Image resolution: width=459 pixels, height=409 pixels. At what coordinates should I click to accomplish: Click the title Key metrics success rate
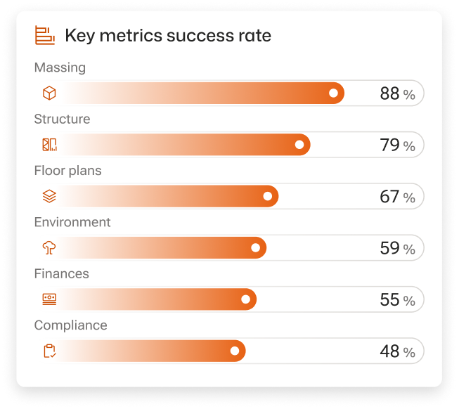pos(167,36)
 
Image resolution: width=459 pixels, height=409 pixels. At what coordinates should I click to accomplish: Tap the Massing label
pos(60,68)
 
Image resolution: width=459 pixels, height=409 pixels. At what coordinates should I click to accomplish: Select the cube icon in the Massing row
pos(49,93)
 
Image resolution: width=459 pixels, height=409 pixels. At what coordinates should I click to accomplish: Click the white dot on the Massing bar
pos(333,93)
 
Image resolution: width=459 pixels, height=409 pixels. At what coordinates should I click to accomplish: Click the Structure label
pos(62,119)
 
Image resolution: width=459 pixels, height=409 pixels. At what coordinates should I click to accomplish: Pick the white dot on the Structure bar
pos(299,145)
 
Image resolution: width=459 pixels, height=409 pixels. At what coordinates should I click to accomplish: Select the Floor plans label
pos(67,171)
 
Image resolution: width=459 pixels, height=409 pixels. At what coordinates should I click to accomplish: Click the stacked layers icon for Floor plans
pos(49,197)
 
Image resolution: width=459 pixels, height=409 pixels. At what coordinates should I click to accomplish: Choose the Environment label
pos(72,222)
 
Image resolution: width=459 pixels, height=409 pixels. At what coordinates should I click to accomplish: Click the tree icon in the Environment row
pos(49,248)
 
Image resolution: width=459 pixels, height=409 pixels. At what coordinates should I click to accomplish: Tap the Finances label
pos(61,274)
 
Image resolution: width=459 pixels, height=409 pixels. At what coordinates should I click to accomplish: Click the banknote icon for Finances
pos(49,299)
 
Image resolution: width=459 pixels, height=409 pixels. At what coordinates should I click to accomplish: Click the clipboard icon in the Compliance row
pos(49,351)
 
